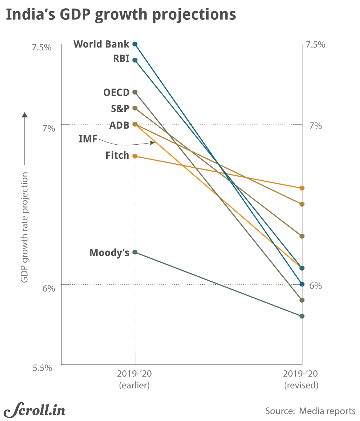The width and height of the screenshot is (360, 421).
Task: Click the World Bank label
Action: point(101,44)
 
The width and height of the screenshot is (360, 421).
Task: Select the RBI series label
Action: point(121,59)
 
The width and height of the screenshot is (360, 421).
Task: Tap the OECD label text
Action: point(116,92)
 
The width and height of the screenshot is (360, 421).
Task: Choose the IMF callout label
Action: point(88,139)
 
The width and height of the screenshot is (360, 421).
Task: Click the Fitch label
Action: point(117,155)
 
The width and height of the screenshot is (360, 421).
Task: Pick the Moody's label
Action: point(109,253)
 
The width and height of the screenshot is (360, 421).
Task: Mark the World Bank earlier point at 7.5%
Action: point(135,44)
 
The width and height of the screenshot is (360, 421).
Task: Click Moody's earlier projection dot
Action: point(135,252)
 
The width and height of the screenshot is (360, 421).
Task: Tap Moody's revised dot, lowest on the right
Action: point(302,316)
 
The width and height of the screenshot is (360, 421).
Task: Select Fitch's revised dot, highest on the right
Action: point(302,188)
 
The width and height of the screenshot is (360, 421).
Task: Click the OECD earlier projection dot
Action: point(135,92)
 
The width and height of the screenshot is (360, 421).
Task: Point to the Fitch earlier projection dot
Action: point(135,156)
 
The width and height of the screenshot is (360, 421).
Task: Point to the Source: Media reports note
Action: point(310,411)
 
